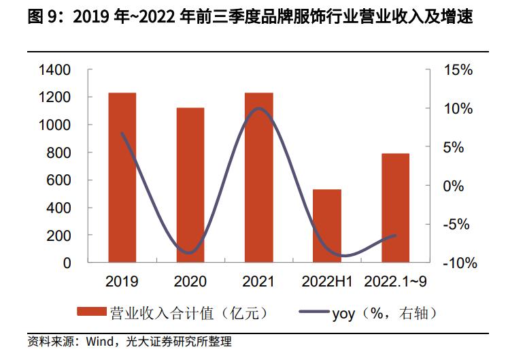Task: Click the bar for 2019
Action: point(122,177)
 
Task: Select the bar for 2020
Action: point(190,184)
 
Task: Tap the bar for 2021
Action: point(258,177)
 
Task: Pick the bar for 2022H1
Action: point(327,225)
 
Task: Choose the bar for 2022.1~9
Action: point(395,208)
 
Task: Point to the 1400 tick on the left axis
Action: point(55,70)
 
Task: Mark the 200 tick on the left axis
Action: point(59,235)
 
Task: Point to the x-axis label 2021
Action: point(258,281)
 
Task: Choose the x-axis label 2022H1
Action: point(327,281)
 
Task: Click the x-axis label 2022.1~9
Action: point(396,281)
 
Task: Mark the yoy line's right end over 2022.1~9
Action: point(395,235)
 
